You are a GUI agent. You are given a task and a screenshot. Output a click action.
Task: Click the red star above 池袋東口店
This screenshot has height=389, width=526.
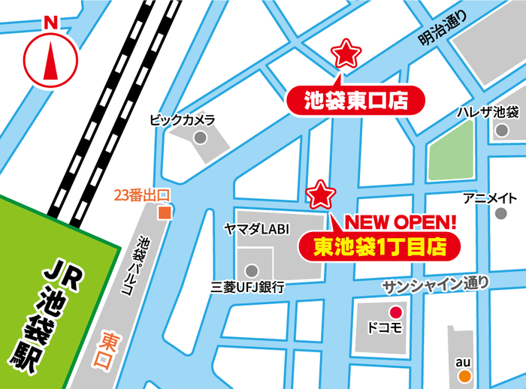point(346,53)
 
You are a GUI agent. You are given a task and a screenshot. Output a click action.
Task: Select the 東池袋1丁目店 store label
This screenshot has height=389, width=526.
point(376,245)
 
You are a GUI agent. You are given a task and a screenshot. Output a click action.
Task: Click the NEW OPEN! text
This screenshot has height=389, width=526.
point(401,222)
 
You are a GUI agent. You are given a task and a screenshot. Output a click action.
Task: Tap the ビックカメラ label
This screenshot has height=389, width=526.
point(183,119)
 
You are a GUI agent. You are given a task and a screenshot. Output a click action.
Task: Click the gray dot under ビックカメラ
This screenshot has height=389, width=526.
point(200,138)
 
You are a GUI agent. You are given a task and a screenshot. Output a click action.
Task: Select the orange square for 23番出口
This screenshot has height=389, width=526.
point(164,213)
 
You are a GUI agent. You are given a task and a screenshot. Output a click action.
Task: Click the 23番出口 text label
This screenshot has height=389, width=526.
point(142,195)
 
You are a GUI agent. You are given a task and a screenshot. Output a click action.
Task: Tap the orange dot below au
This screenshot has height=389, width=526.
point(465,375)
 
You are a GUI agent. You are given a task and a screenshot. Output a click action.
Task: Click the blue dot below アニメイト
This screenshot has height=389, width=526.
point(500,213)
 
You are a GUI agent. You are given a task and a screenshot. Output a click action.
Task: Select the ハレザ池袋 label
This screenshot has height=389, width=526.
point(488,113)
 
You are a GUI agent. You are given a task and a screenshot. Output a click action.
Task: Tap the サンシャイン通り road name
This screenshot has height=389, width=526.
point(436,284)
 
